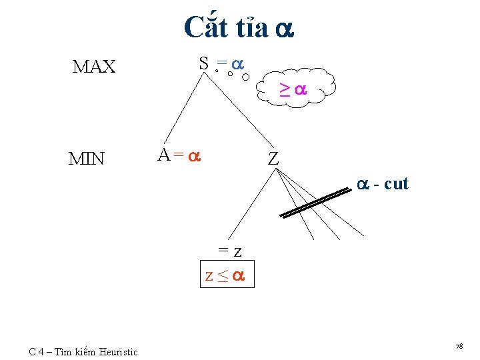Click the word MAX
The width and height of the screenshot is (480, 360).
tap(94, 67)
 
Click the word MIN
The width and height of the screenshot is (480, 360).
tap(87, 159)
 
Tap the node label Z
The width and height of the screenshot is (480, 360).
tap(273, 159)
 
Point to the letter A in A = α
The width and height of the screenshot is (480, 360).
tap(164, 155)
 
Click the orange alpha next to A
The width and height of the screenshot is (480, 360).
tap(193, 157)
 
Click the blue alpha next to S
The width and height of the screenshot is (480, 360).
tap(237, 64)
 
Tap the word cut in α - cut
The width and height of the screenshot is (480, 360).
tap(396, 183)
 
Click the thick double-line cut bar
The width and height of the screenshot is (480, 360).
tap(315, 203)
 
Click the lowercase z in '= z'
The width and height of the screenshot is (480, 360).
tap(237, 251)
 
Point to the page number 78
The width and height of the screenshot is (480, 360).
tap(459, 347)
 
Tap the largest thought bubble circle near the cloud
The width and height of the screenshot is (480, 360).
tap(246, 77)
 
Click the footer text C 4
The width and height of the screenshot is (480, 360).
tap(38, 352)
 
